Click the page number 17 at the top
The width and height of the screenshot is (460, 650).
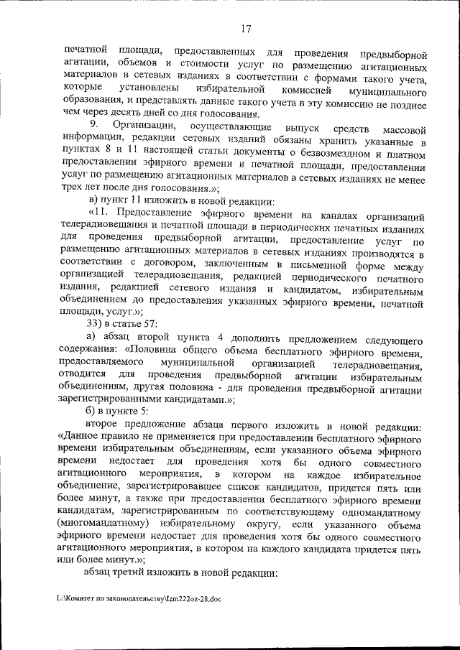tap(246, 29)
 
